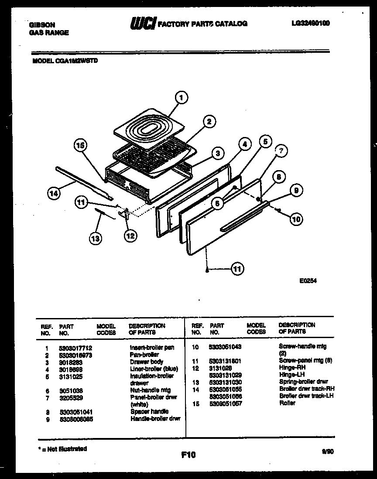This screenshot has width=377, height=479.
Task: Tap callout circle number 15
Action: [80, 146]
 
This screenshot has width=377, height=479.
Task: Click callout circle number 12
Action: [130, 236]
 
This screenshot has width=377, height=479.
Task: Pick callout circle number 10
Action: [296, 219]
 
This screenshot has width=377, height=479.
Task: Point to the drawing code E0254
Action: [308, 281]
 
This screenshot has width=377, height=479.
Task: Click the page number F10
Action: [188, 455]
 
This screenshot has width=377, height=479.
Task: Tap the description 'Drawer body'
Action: [147, 362]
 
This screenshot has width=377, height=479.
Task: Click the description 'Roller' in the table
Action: [288, 403]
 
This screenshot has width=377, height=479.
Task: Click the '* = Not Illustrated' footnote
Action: [62, 449]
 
